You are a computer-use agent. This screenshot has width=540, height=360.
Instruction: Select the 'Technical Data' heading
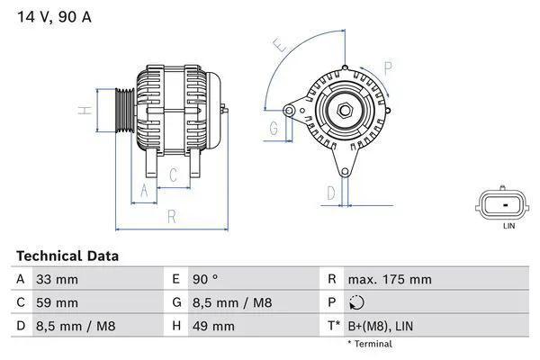[67, 256]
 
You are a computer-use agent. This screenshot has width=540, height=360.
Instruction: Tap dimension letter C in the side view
[173, 175]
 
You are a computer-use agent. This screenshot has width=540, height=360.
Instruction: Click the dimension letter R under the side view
[171, 216]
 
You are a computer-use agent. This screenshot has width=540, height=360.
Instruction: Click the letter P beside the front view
[388, 67]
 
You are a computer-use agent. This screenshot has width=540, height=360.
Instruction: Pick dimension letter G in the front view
[274, 130]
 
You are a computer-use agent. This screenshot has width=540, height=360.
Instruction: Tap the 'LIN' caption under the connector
[508, 227]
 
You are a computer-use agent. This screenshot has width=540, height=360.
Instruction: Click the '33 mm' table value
[57, 280]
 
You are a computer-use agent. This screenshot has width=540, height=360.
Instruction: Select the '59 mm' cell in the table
[57, 302]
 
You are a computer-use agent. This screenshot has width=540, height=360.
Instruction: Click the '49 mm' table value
[211, 325]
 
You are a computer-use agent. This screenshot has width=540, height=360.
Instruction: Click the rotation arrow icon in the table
[356, 302]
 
